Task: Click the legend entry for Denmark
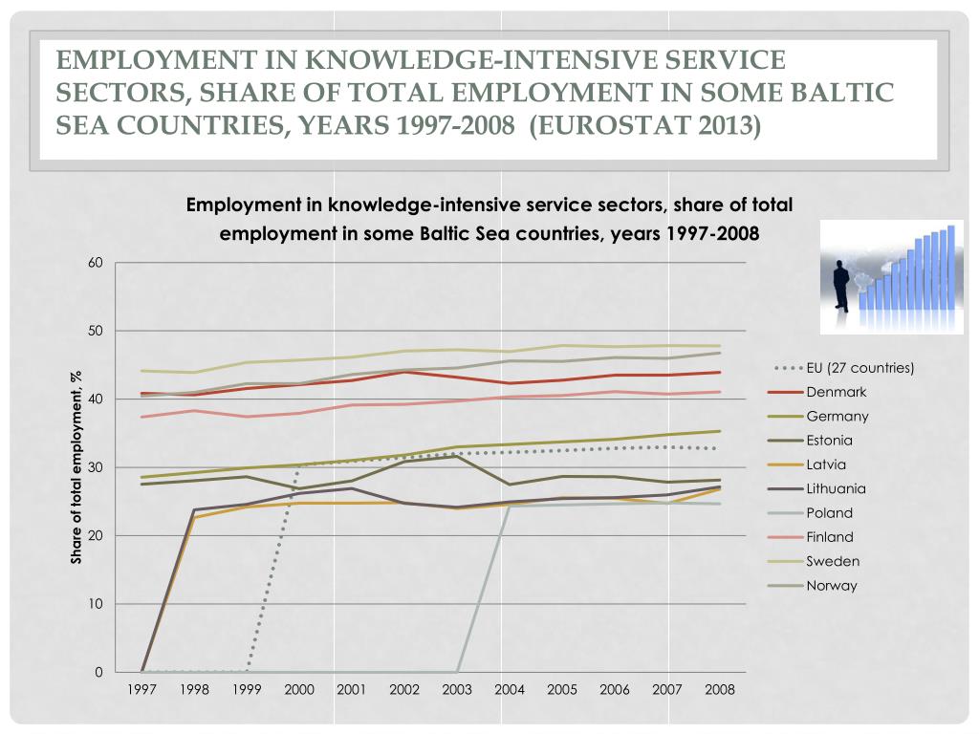[x=836, y=392]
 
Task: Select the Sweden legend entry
[x=832, y=561]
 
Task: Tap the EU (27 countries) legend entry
[x=859, y=368]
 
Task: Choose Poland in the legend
[x=829, y=512]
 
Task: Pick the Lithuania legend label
[x=836, y=488]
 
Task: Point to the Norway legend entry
[x=831, y=585]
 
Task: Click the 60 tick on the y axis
[x=95, y=263]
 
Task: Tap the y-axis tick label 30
[x=95, y=467]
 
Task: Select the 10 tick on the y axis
[x=95, y=604]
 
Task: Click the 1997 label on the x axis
[x=141, y=689]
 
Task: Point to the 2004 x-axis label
[x=510, y=689]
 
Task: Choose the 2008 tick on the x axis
[x=720, y=689]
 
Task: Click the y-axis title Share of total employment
[x=76, y=467]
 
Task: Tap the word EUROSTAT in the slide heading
[x=603, y=124]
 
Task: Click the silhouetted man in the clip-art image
[x=842, y=285]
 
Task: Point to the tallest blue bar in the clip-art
[x=950, y=267]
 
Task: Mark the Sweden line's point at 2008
[x=720, y=346]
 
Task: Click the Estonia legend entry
[x=829, y=441]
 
